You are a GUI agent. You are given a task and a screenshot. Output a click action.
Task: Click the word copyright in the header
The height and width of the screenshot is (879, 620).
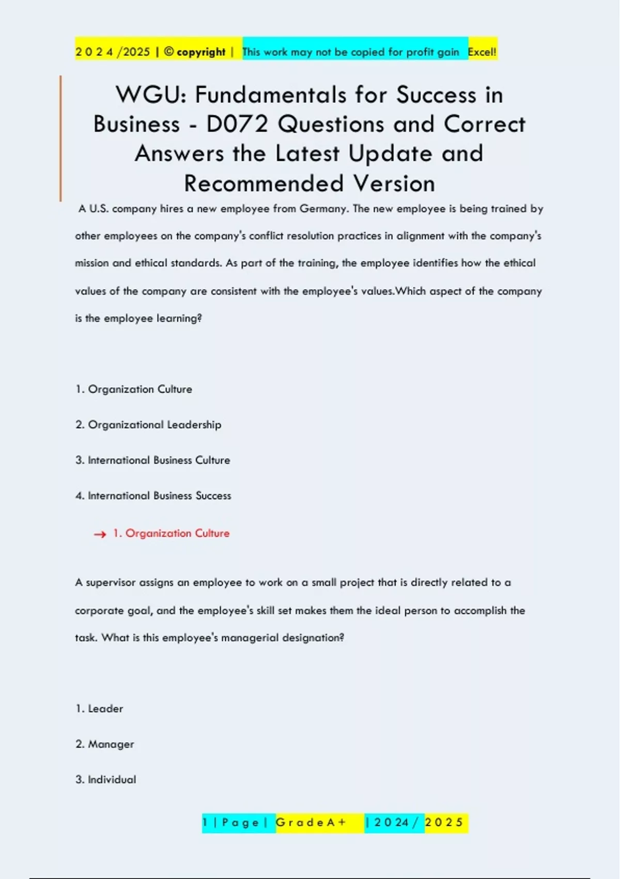(x=201, y=52)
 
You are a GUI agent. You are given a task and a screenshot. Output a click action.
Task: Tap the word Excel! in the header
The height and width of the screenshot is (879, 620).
(x=482, y=52)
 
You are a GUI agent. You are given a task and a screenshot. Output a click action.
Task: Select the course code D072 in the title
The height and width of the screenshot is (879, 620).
(x=237, y=125)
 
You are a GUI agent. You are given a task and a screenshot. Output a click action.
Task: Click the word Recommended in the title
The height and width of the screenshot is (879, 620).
(x=263, y=184)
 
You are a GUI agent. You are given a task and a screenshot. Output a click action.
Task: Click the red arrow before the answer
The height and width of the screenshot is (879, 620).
(x=100, y=534)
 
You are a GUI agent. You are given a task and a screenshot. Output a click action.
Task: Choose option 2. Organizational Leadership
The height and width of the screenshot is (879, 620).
(x=148, y=425)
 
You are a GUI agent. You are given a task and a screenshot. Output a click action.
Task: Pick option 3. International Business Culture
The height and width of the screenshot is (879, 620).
(x=152, y=460)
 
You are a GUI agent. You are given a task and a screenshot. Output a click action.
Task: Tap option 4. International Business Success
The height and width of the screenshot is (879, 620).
(x=153, y=495)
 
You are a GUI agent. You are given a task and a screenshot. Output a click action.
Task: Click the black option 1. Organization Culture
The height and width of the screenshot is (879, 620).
(x=134, y=389)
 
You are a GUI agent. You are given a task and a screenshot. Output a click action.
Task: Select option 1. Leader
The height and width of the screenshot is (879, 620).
(x=100, y=709)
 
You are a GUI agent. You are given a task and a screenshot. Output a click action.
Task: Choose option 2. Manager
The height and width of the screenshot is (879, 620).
(x=105, y=744)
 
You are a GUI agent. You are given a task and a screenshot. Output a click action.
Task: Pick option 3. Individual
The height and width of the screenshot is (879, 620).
(x=106, y=780)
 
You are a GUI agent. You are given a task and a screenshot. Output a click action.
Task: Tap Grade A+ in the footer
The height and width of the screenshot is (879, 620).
(x=311, y=823)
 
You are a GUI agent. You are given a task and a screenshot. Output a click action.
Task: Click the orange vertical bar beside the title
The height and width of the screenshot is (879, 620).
(x=60, y=138)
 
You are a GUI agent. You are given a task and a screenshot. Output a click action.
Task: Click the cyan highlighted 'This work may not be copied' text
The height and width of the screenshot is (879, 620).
(x=350, y=52)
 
